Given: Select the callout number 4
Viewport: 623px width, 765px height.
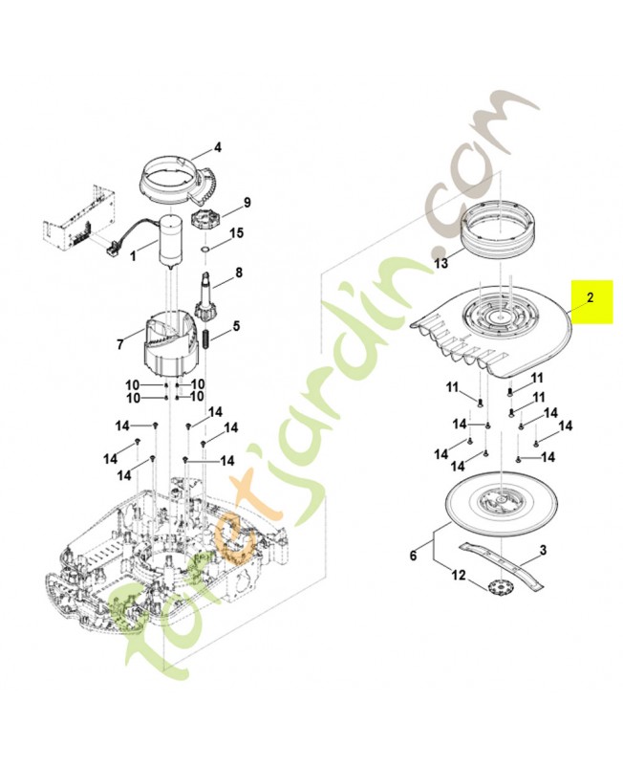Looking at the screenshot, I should (217, 148).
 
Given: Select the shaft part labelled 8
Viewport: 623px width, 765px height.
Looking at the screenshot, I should (205, 296).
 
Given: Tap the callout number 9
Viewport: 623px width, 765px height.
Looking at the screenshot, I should (247, 203).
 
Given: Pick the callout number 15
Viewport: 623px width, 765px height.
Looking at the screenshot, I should (237, 233).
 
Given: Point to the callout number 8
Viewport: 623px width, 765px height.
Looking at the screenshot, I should (238, 273).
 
